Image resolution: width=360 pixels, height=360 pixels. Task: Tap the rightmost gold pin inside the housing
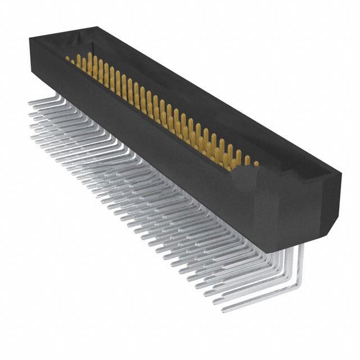click(x=256, y=164)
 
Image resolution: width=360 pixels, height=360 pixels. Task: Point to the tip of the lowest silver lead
click(x=224, y=309)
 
